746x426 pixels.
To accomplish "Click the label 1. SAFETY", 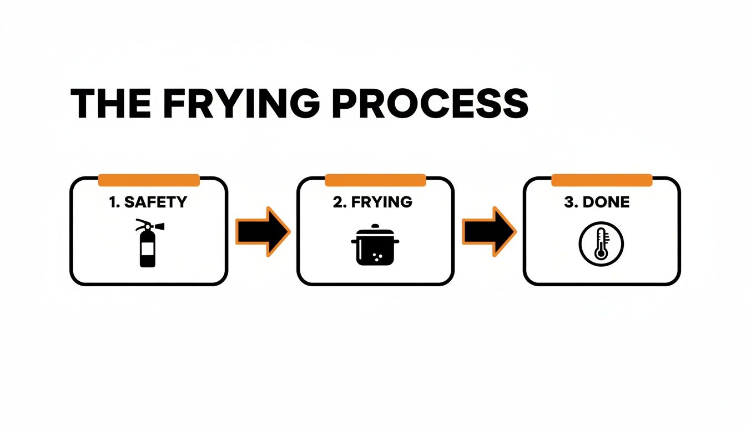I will coord(148,202).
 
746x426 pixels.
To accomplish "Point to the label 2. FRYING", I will coord(373,202).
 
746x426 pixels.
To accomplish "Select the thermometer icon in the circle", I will coord(601,244).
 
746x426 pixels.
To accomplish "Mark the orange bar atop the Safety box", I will coord(148,180).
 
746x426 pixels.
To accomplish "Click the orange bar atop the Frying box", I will coord(375,180).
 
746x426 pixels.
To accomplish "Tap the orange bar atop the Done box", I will coord(602,180).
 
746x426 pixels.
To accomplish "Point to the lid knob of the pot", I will coord(375,226).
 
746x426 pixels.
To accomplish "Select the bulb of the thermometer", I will coord(600,253).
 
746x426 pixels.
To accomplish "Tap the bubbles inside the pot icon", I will coord(379,256).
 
